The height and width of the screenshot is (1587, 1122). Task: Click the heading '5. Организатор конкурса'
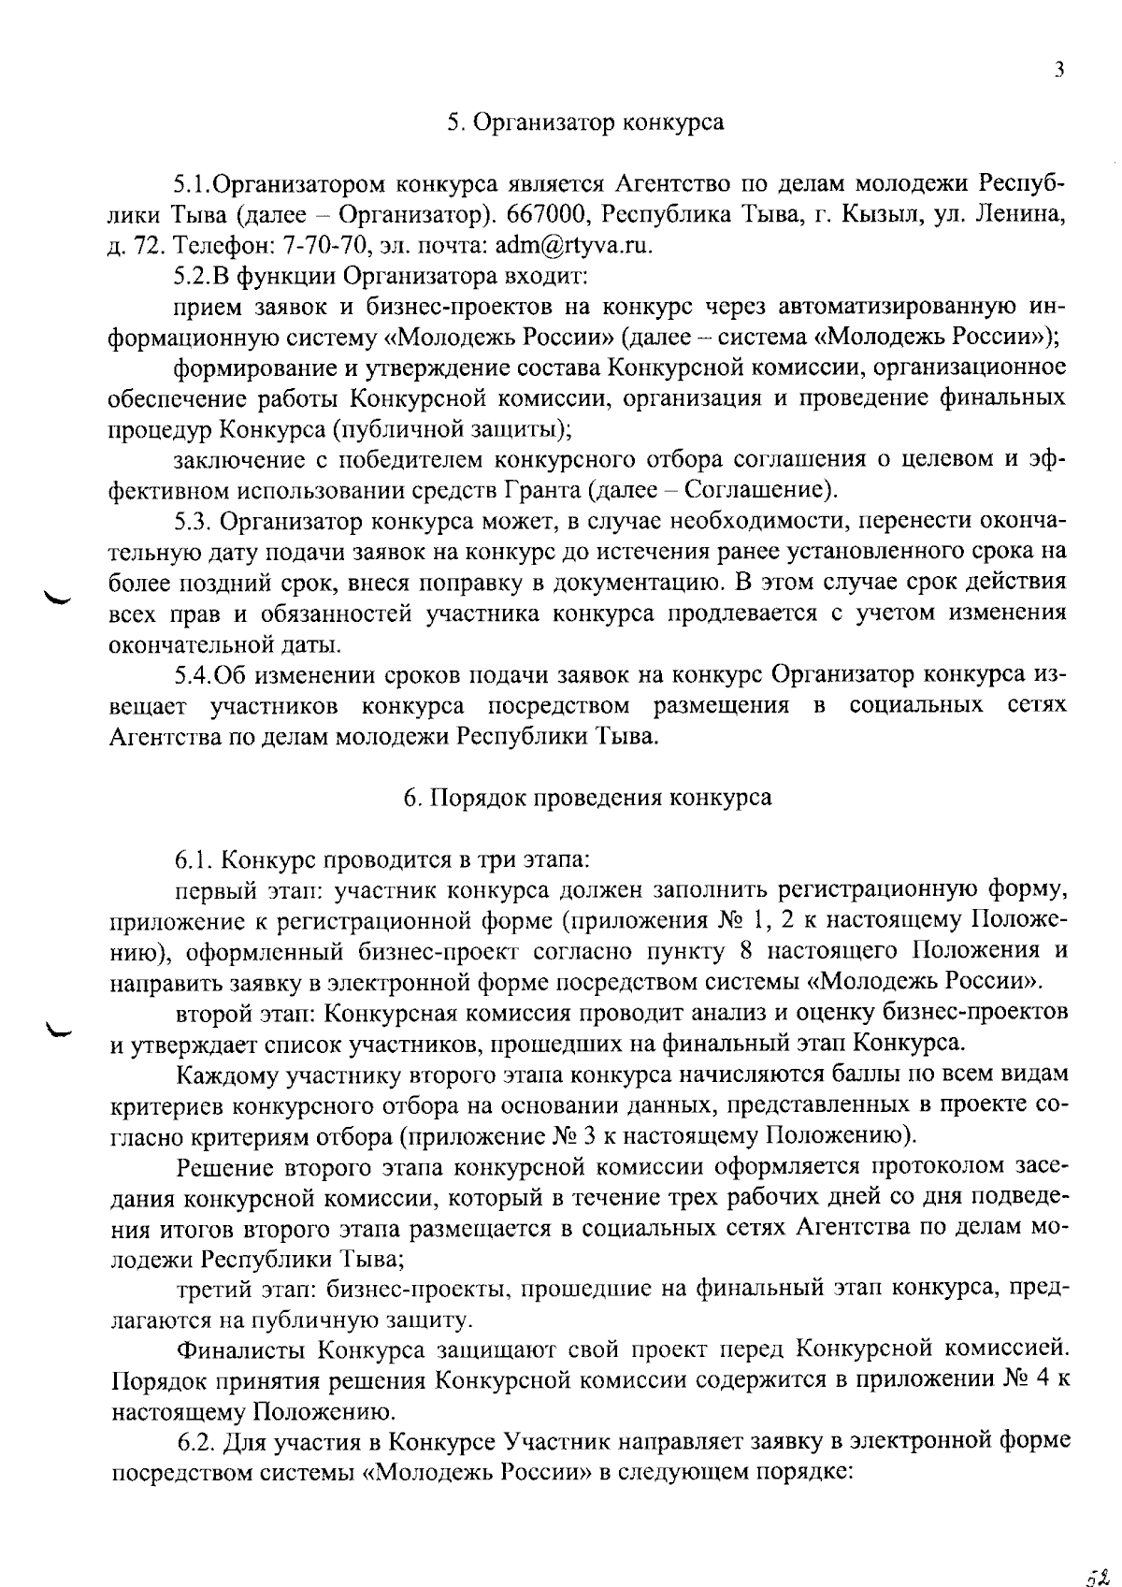pyautogui.click(x=585, y=123)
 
